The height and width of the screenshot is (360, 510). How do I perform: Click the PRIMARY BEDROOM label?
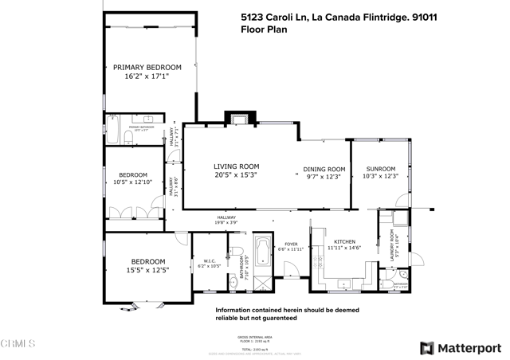click(x=147, y=67)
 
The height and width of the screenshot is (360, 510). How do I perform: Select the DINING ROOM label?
click(x=324, y=169)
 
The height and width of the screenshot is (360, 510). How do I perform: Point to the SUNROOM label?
click(x=380, y=169)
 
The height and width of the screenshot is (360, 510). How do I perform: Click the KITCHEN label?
click(x=344, y=241)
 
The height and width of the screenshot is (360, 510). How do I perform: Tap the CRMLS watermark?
click(x=18, y=344)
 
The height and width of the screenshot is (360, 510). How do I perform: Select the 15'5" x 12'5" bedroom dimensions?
click(x=149, y=270)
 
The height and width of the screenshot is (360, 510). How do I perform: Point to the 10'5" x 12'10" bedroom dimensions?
click(x=133, y=183)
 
